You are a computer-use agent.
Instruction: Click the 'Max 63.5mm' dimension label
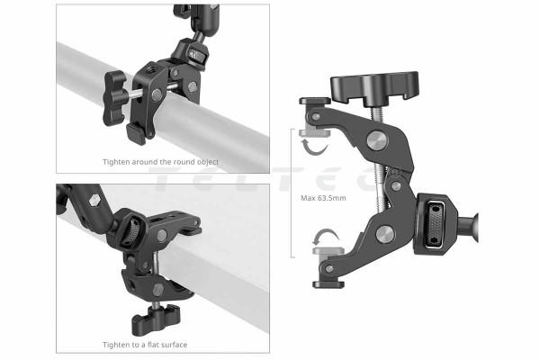coord(323,198)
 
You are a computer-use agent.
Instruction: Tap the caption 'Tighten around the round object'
coord(160,162)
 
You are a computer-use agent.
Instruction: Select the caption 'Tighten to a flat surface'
coord(145,345)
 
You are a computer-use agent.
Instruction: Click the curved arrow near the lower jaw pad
coord(325,234)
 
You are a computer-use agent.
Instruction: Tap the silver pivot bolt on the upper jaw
coord(377,140)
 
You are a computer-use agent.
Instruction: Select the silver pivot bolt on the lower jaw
coord(385,234)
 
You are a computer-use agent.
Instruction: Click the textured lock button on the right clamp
coord(435,224)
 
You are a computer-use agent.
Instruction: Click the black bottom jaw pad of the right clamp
coord(328,284)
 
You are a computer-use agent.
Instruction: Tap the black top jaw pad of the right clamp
coord(315,101)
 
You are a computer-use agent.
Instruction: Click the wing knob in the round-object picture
coord(115,98)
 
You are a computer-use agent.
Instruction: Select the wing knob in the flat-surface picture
coord(156,319)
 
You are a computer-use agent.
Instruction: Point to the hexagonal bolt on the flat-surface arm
coord(94,200)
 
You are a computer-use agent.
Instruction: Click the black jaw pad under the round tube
coord(136,134)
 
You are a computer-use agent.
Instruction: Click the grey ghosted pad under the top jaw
coord(315,132)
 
